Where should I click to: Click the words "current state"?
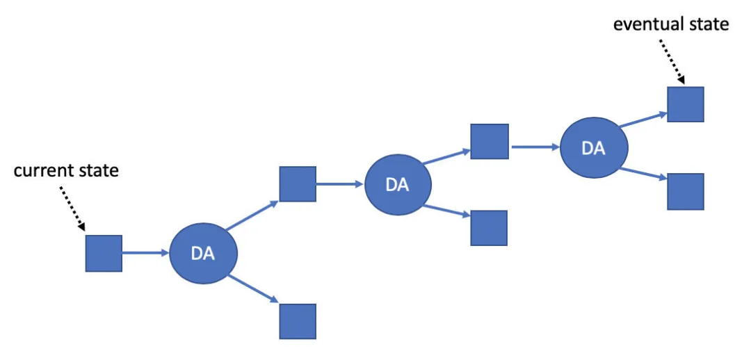(x=66, y=171)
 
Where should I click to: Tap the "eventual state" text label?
(x=671, y=24)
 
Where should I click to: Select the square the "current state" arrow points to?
(x=104, y=253)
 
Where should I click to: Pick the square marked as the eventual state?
(x=686, y=104)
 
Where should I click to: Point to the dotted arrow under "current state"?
(x=72, y=208)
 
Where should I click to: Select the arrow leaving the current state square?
(x=146, y=253)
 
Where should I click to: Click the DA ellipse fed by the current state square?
(x=204, y=253)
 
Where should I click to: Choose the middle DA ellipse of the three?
(x=398, y=184)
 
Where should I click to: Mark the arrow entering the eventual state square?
(x=643, y=120)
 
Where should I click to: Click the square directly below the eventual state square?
(x=686, y=192)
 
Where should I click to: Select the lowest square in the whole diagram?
(x=298, y=321)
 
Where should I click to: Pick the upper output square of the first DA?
(x=298, y=184)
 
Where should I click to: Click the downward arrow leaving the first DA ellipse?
(x=253, y=288)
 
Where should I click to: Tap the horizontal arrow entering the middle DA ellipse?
(x=340, y=183)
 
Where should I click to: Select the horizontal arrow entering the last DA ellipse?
(x=536, y=147)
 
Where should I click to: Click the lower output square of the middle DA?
(x=489, y=228)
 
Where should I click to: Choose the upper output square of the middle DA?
(x=489, y=141)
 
